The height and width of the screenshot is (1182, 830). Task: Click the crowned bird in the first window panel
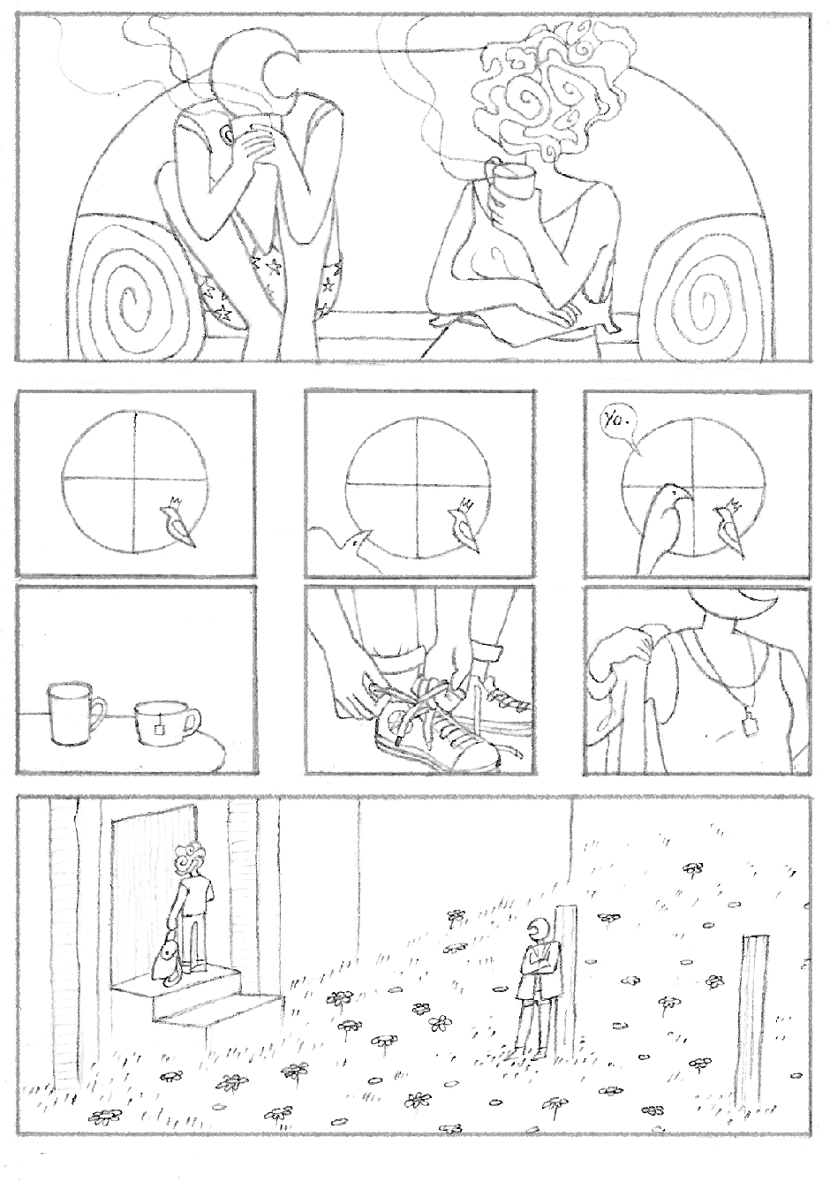177,521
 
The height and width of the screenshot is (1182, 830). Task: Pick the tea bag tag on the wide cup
158,728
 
